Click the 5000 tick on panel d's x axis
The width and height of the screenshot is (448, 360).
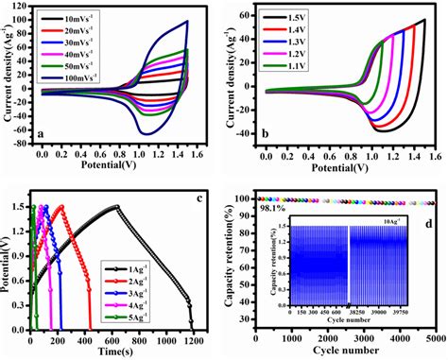click(434, 337)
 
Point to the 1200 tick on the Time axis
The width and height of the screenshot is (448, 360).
click(193, 338)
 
